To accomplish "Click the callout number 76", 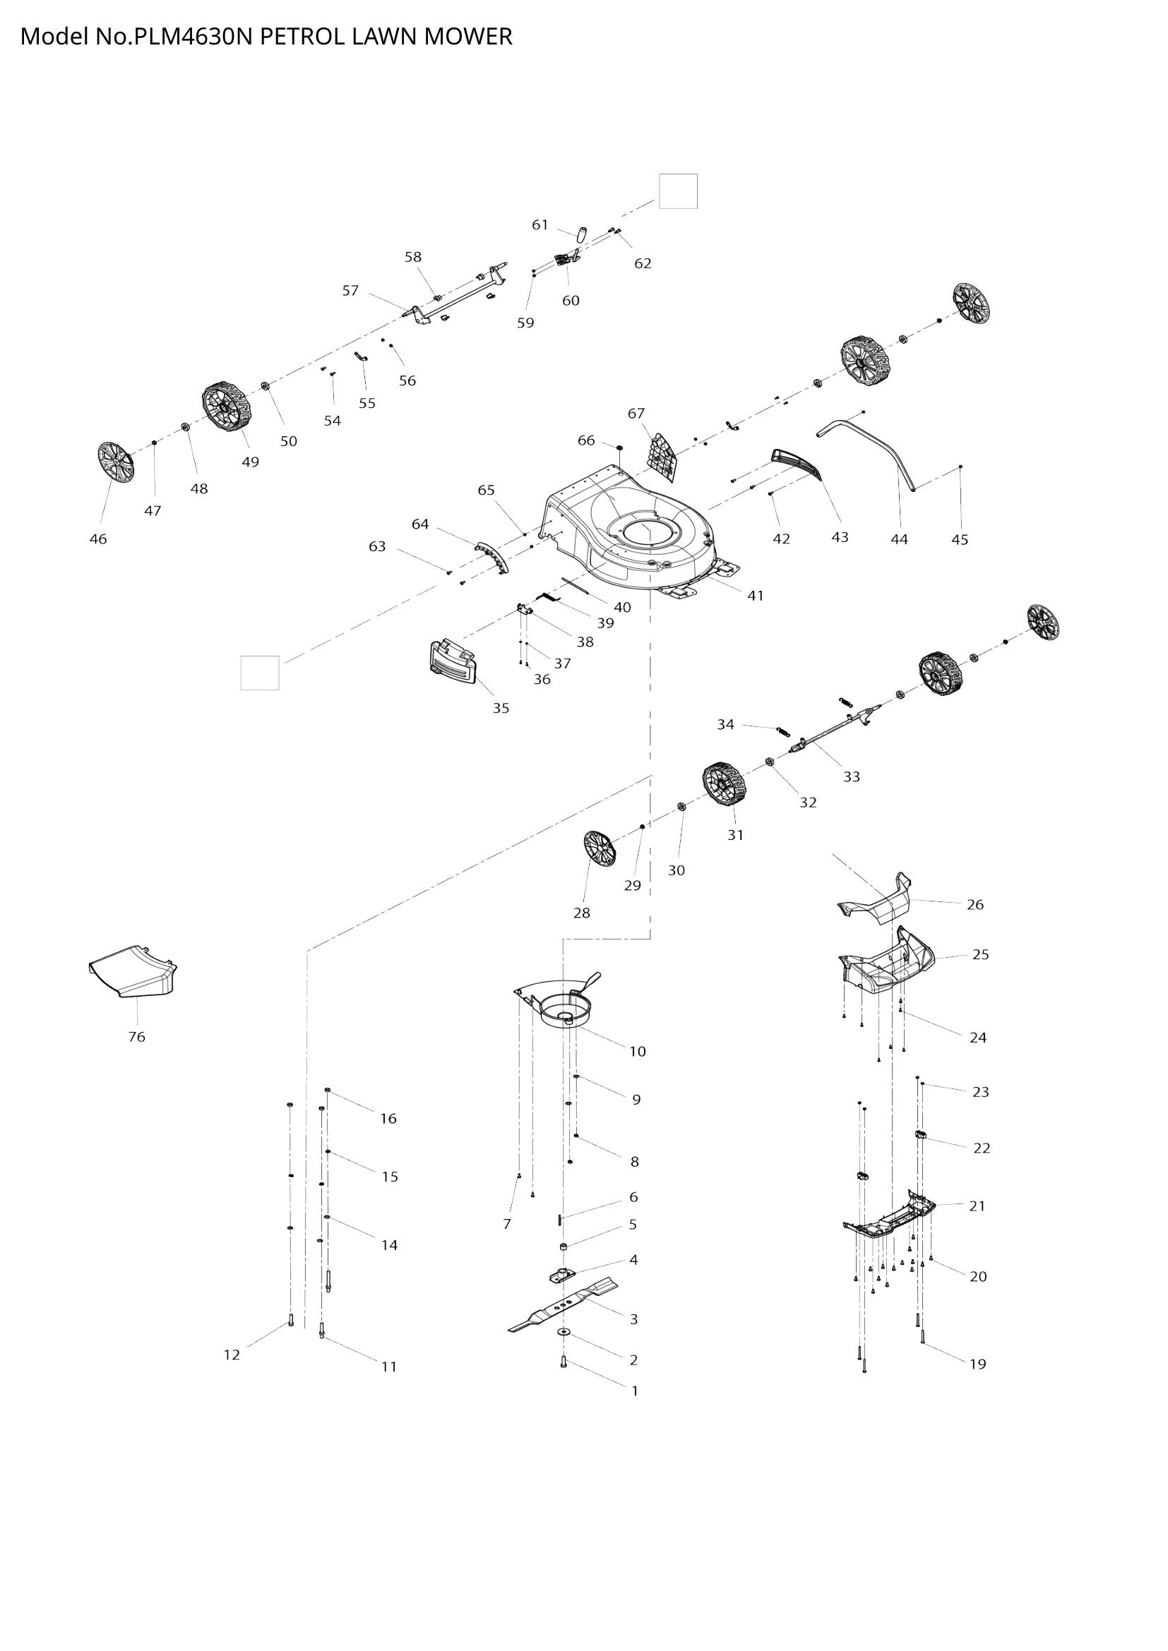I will [137, 1037].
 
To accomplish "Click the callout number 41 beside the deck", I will [755, 596].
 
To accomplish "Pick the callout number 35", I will [501, 708].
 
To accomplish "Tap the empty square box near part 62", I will [678, 191].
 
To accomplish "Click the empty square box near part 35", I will [260, 673].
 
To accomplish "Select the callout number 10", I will [637, 1052].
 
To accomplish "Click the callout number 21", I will [977, 1206].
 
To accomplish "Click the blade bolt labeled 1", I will [563, 1360].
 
